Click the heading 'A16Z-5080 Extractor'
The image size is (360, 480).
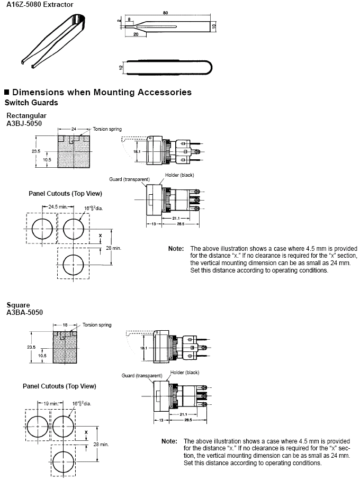pyautogui.click(x=40, y=4)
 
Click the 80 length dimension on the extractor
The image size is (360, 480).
pyautogui.click(x=165, y=13)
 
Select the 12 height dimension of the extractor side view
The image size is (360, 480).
pyautogui.click(x=121, y=67)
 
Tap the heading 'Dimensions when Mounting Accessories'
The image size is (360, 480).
pyautogui.click(x=102, y=92)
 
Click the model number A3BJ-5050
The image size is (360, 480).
pyautogui.click(x=24, y=123)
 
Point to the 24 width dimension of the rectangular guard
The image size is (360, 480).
pyautogui.click(x=74, y=129)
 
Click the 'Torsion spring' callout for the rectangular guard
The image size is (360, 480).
pyautogui.click(x=107, y=129)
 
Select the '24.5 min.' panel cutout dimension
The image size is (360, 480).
pyautogui.click(x=58, y=206)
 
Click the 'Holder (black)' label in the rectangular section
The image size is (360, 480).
pyautogui.click(x=179, y=175)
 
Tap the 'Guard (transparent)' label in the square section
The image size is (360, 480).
pyautogui.click(x=142, y=375)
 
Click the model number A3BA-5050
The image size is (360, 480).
pyautogui.click(x=24, y=312)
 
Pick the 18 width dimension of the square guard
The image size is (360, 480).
pyautogui.click(x=65, y=325)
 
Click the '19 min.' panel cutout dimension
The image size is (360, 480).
pyautogui.click(x=51, y=403)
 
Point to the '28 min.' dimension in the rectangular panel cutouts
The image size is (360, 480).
pyautogui.click(x=114, y=248)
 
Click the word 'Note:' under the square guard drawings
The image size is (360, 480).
pyautogui.click(x=169, y=441)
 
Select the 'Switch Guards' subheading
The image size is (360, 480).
pyautogui.click(x=31, y=103)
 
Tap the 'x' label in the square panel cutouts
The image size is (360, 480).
pyautogui.click(x=86, y=432)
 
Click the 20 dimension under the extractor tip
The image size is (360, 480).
pyautogui.click(x=136, y=34)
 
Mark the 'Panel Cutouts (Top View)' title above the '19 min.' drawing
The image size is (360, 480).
pyautogui.click(x=59, y=386)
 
